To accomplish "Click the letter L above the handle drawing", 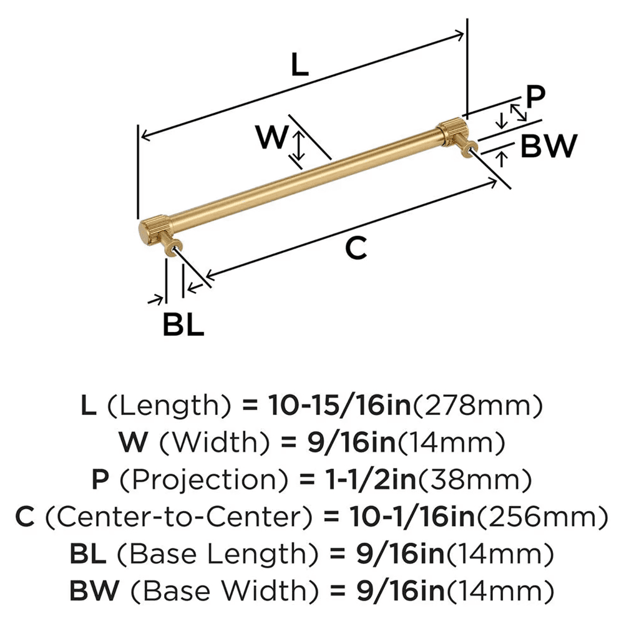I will (300, 65).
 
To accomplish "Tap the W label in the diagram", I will (272, 138).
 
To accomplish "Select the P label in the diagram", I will (535, 97).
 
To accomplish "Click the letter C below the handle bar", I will (355, 248).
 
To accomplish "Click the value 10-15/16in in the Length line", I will (339, 407).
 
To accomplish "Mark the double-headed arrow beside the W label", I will (300, 145).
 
